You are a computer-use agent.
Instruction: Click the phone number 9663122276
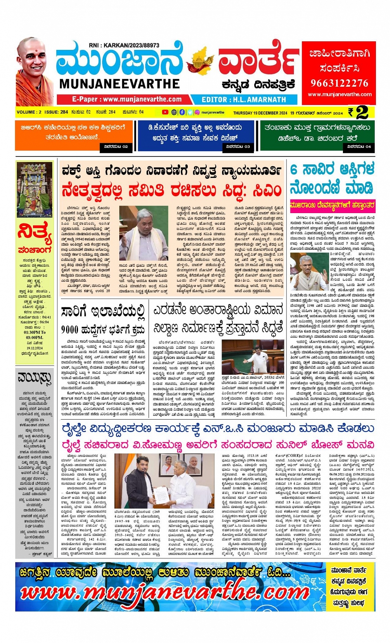pos(339,83)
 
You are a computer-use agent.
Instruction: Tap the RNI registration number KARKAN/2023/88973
pos(124,45)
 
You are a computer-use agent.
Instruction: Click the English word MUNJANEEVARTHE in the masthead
pos(120,84)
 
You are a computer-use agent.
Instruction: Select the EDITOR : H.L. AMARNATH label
pos(243,100)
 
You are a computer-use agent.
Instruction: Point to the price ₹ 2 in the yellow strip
pos(357,112)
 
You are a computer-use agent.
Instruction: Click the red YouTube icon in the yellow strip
pos(165,112)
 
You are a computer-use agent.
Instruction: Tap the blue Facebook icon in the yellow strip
pos(182,112)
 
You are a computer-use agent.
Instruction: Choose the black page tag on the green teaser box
pos(359,146)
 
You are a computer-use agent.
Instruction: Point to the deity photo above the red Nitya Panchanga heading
pos(35,190)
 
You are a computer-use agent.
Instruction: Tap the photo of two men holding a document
pos(164,481)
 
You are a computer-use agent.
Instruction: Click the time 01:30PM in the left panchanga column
pos(35,332)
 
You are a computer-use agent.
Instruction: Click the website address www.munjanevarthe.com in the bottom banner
pos(165,593)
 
